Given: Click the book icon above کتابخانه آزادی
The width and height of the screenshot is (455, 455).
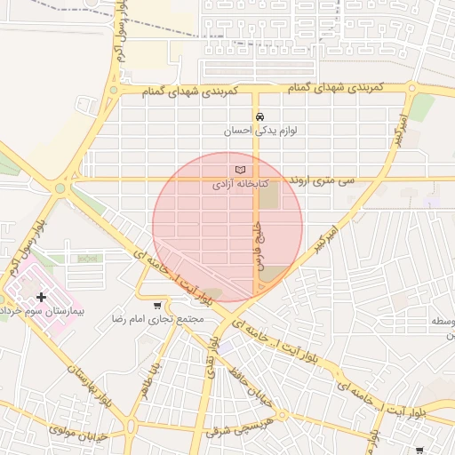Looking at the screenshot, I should [x=238, y=170].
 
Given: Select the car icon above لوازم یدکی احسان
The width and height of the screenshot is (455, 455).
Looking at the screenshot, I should [x=259, y=116].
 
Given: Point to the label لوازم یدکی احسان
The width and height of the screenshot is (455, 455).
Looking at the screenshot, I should [x=259, y=131].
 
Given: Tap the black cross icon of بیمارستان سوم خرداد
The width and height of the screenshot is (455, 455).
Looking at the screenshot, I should [x=42, y=297].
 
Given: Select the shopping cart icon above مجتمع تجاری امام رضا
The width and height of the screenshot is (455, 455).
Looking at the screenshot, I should [x=157, y=305].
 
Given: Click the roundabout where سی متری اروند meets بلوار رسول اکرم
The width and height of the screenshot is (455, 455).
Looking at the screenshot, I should [x=61, y=188].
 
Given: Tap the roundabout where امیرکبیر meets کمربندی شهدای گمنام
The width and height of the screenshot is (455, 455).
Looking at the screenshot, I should [x=411, y=88].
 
